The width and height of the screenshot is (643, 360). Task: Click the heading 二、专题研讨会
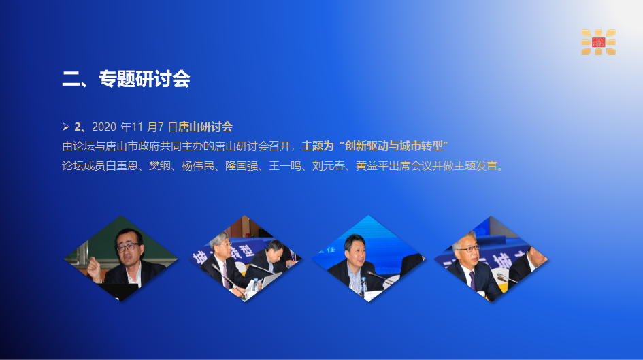coord(126,79)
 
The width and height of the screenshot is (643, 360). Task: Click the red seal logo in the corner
coord(599,42)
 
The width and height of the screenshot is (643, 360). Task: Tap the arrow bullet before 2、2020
coord(66,127)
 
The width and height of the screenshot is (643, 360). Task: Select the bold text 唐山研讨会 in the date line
coord(205,127)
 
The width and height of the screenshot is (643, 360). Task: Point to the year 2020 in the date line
coord(104,127)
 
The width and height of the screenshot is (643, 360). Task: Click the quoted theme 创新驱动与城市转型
coord(394,146)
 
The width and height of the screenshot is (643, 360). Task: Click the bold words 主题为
coord(318,146)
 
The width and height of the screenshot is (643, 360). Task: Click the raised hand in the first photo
coord(94,271)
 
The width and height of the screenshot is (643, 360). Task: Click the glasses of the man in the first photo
coord(127,247)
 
